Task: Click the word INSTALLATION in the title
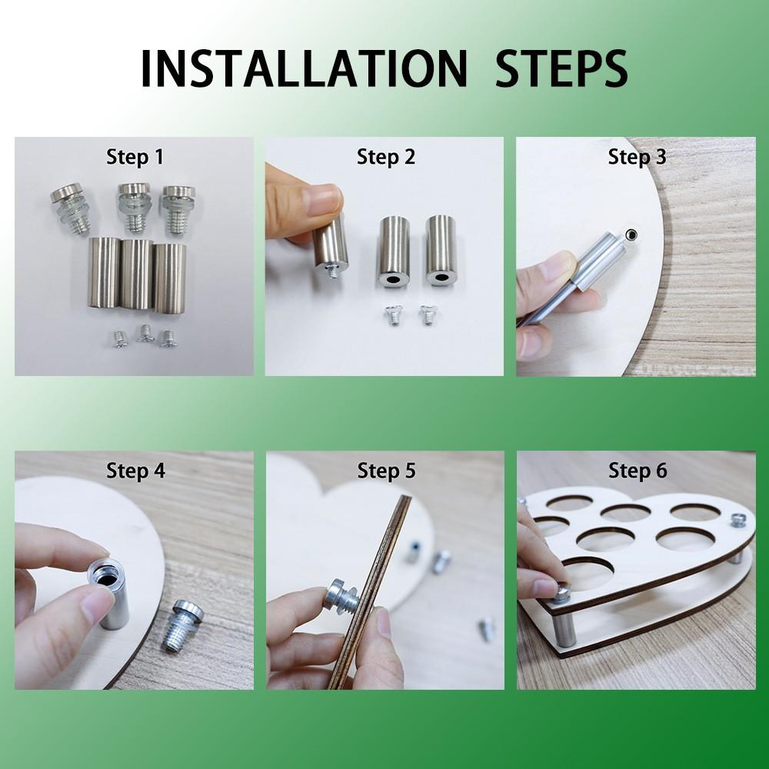coord(303,68)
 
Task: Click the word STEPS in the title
coord(561,68)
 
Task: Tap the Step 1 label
coord(135,157)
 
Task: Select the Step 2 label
coord(386,157)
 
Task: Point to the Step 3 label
coord(637,157)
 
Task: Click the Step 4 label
coord(135,471)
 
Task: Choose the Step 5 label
coord(387,471)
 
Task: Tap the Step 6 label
coord(638,471)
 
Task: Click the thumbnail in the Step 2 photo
coord(324,200)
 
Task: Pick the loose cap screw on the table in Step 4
coord(186,626)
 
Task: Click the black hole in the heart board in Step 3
coord(632,235)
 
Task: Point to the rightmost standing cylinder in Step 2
coord(441,250)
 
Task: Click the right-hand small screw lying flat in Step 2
coord(428,314)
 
